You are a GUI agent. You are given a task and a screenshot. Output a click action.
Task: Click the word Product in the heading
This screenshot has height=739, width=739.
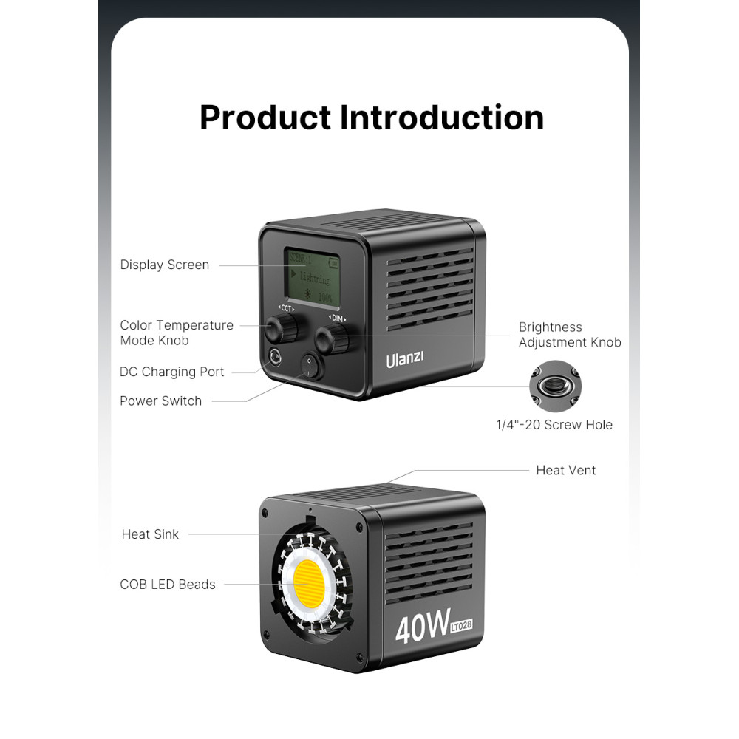point(265,118)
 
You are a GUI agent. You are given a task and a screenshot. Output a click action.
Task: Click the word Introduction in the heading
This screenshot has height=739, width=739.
point(441,118)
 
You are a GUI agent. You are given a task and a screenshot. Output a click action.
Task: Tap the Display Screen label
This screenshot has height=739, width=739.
point(165,265)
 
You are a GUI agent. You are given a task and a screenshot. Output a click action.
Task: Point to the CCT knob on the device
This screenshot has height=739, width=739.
point(282,327)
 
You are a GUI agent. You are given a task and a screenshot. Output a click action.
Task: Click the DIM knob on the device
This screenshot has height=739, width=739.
point(330,339)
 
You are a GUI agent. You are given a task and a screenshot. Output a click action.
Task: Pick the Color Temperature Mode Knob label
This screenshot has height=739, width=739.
point(177,333)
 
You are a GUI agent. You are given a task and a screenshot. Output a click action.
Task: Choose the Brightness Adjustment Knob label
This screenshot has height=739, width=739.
point(569,335)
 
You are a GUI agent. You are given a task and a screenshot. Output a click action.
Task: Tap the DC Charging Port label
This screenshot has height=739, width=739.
point(172,372)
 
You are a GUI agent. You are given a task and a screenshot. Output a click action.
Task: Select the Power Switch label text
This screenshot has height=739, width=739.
point(160,401)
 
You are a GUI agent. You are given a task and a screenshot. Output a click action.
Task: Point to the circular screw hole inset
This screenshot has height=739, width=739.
point(555,386)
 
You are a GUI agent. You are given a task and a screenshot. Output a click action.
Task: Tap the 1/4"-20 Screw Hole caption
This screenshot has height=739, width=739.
point(554,425)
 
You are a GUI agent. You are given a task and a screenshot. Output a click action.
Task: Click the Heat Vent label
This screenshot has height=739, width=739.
point(565,470)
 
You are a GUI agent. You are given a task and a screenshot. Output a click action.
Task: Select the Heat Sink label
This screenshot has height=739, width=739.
point(150,534)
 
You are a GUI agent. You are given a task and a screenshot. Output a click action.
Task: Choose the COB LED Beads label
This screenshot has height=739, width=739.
point(168,584)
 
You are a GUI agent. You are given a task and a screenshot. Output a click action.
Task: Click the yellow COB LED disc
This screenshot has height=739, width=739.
point(313,580)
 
